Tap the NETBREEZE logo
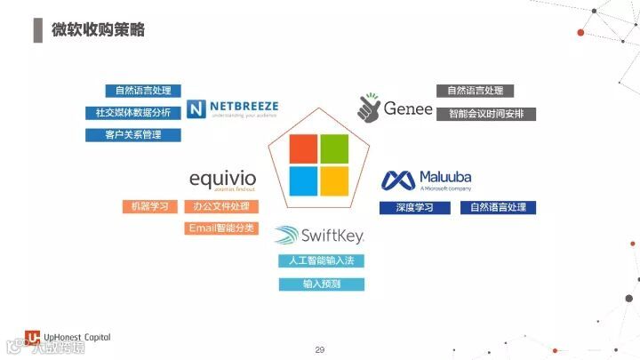tap(233, 109)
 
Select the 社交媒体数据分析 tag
tap(133, 113)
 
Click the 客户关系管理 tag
tap(133, 135)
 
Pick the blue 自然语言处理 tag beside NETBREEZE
tap(143, 91)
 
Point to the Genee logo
tap(395, 108)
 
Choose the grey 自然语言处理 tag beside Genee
tap(475, 91)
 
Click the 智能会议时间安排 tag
tap(485, 114)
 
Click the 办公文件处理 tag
tap(221, 207)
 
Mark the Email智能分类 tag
tap(221, 228)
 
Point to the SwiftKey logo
tap(320, 236)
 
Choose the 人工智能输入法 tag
tap(321, 261)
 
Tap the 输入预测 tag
tap(321, 284)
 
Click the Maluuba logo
tap(427, 180)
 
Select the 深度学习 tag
tap(413, 208)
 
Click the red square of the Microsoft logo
tap(303, 149)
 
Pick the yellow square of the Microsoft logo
tap(334, 180)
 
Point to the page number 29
tap(320, 350)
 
